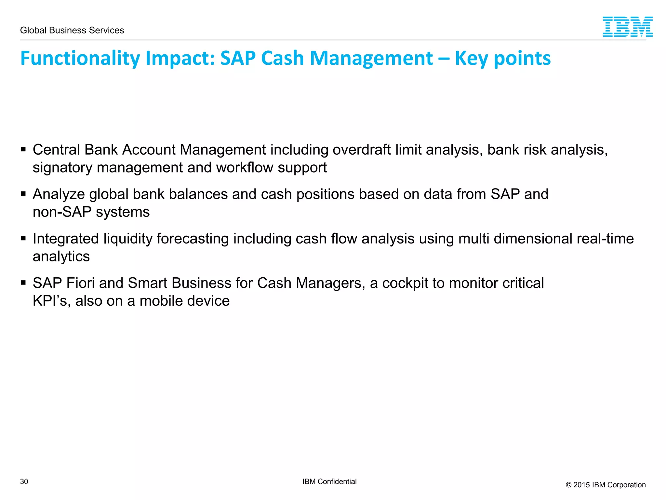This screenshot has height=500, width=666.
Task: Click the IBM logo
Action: point(627,27)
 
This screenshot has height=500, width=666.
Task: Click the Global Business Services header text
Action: point(72,30)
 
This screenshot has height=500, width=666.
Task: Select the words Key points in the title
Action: point(502,58)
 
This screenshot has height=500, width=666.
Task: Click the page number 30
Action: point(24,481)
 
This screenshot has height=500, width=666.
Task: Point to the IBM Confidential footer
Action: point(329,481)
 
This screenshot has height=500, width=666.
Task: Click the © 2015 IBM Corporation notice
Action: point(606,485)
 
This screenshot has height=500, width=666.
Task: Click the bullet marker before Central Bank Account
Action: point(23,150)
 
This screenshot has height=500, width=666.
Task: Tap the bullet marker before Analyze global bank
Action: point(23,194)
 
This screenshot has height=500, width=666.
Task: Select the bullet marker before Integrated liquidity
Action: point(23,239)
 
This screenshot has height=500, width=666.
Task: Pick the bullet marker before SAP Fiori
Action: point(23,283)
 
